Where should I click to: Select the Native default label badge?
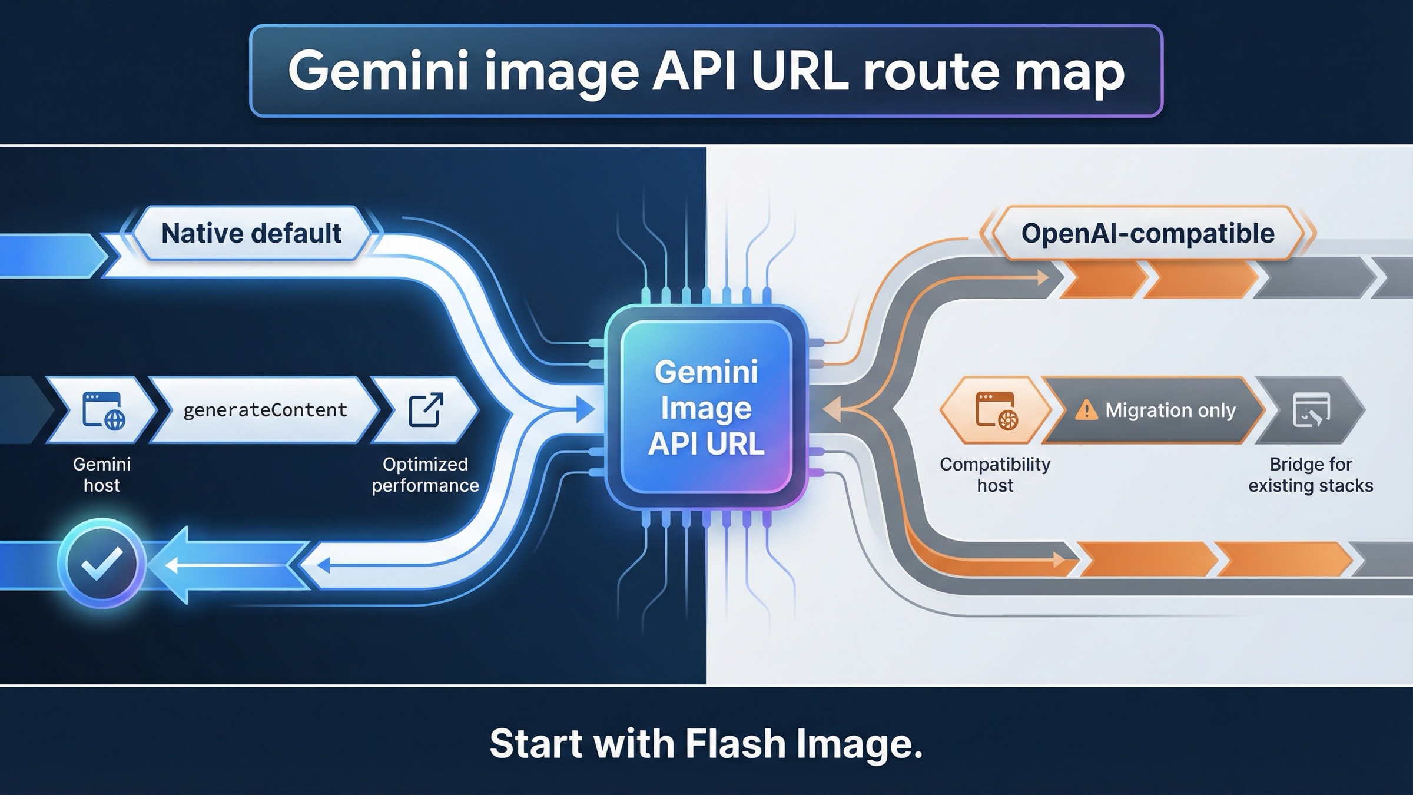pos(251,234)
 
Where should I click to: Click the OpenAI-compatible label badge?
pos(1147,234)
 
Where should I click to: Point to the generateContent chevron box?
pos(265,410)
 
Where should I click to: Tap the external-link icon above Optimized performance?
pos(426,409)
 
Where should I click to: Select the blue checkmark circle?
pos(102,564)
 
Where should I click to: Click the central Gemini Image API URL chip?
pos(706,408)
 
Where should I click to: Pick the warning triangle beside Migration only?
pos(1086,410)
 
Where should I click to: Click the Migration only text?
pos(1170,410)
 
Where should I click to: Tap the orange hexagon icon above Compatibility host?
pos(996,410)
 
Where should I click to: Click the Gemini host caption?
pos(102,475)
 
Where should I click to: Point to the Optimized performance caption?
pos(425,475)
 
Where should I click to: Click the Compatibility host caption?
pos(995,475)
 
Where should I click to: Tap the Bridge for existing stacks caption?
pos(1311,475)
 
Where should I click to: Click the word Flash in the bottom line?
pos(736,744)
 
